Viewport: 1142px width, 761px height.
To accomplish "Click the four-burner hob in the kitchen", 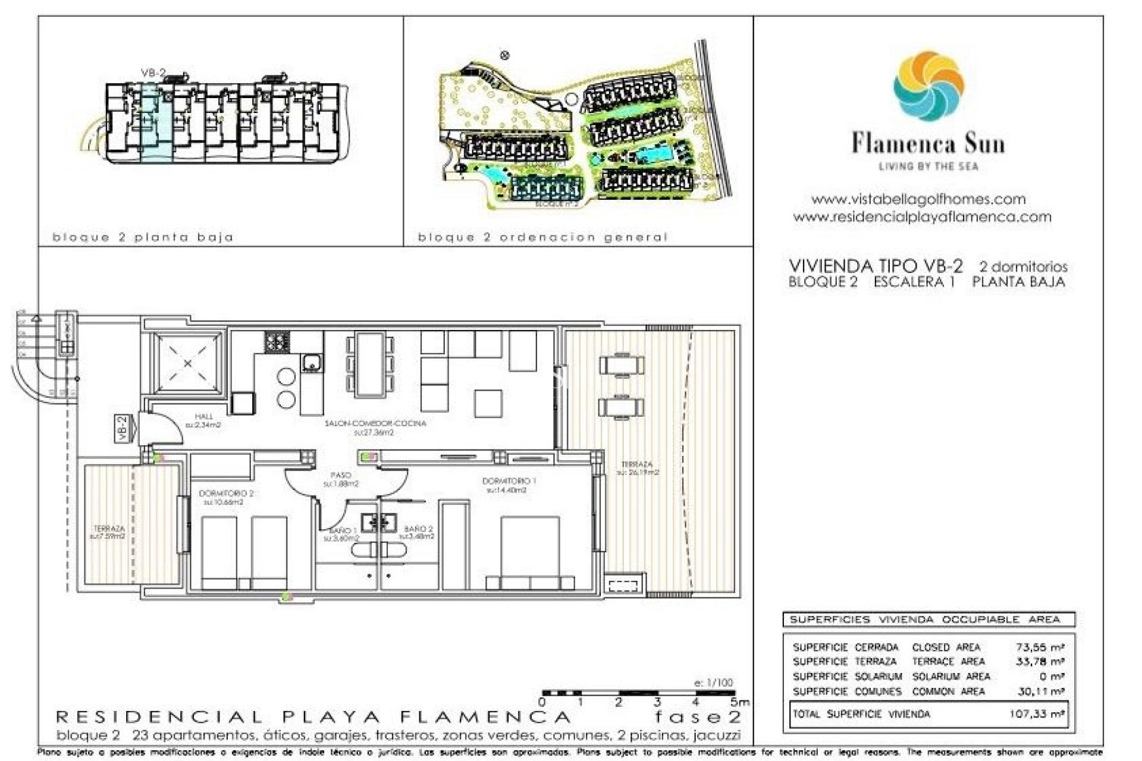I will click(277, 341).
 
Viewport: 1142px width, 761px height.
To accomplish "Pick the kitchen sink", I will click(311, 362).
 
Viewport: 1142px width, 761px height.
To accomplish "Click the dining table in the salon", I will click(370, 364).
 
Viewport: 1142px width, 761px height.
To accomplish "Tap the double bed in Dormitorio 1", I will click(529, 550).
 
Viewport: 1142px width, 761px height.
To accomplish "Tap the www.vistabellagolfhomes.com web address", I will click(918, 199).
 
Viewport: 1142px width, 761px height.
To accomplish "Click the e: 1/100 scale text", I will click(713, 683).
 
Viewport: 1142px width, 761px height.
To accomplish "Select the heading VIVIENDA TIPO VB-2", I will click(875, 266).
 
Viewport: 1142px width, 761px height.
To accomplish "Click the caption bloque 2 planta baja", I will click(143, 237).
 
